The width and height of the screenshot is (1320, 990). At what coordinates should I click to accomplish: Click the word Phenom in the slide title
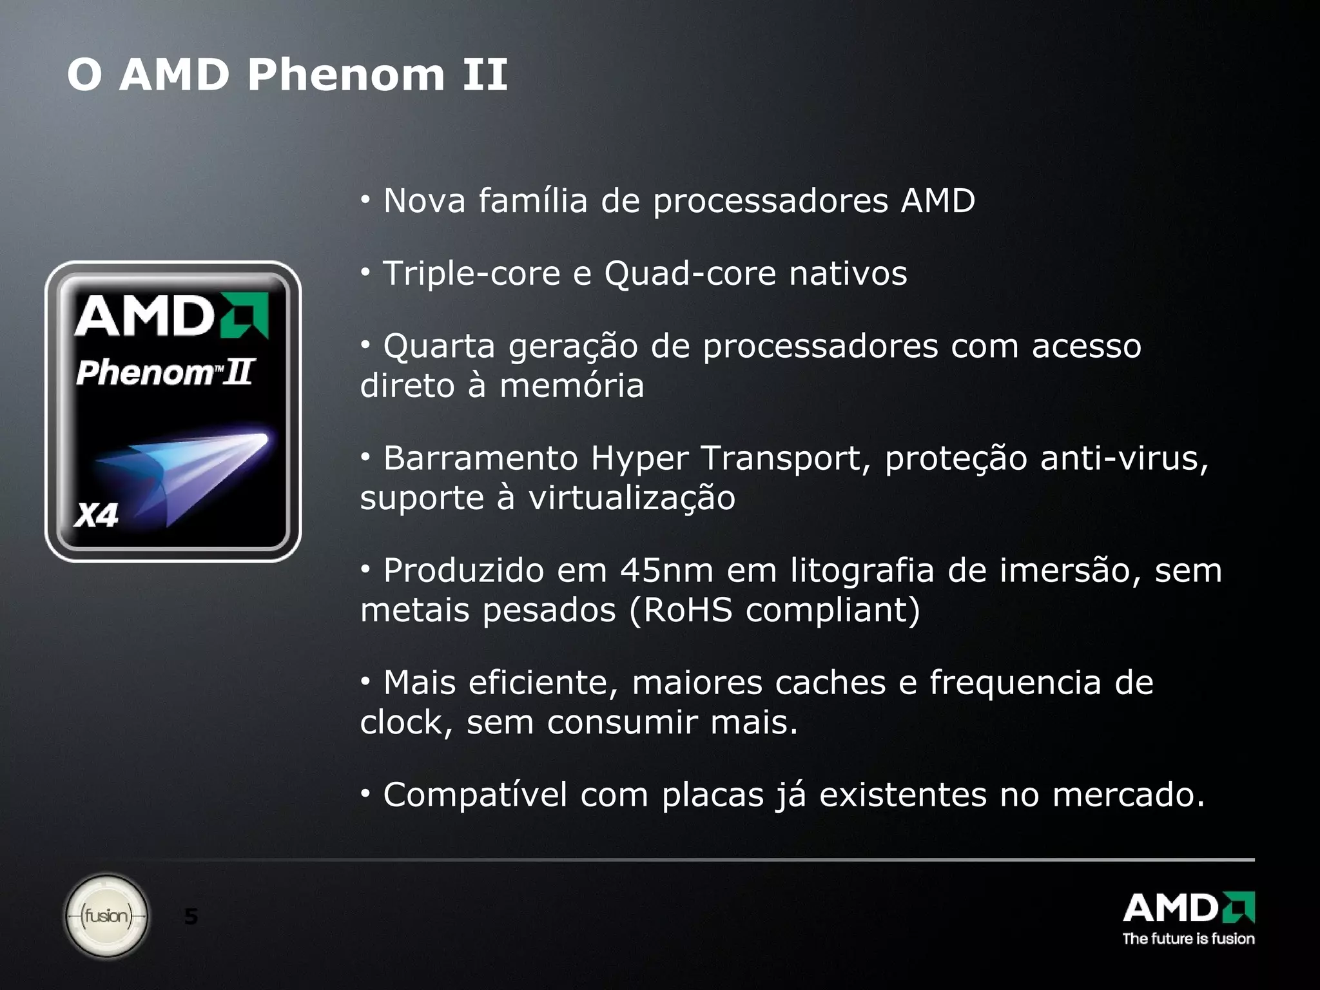[345, 75]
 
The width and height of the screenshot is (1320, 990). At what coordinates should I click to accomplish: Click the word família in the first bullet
[533, 200]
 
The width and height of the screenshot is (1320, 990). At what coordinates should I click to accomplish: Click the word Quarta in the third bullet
[439, 346]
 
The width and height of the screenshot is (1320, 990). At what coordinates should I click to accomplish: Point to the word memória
[572, 386]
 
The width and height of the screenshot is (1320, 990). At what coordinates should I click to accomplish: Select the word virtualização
[632, 498]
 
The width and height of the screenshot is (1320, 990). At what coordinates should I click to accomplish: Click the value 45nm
[666, 570]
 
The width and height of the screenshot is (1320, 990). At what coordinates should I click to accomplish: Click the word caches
[830, 683]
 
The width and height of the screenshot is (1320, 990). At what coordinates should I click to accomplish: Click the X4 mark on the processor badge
[96, 516]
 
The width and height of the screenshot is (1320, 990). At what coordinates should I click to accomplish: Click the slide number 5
[191, 916]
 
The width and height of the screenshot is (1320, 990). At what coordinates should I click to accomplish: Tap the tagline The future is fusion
[1189, 938]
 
